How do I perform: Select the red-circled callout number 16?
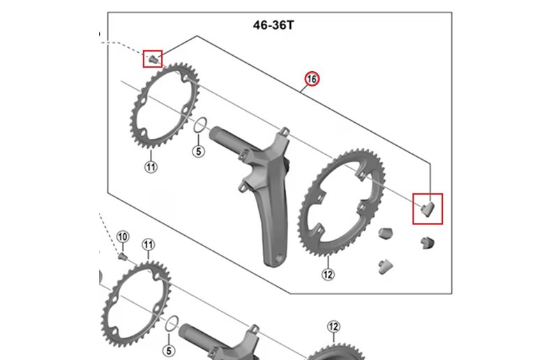(x=312, y=80)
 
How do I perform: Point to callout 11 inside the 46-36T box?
(x=151, y=166)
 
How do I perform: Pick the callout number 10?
(x=123, y=238)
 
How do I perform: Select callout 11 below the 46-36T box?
(x=148, y=244)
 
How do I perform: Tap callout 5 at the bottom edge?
(x=167, y=349)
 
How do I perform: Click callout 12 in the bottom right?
(x=333, y=327)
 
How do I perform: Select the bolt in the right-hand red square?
(x=427, y=207)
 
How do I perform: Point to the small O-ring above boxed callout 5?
(x=199, y=126)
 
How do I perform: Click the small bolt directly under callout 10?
(x=123, y=255)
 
